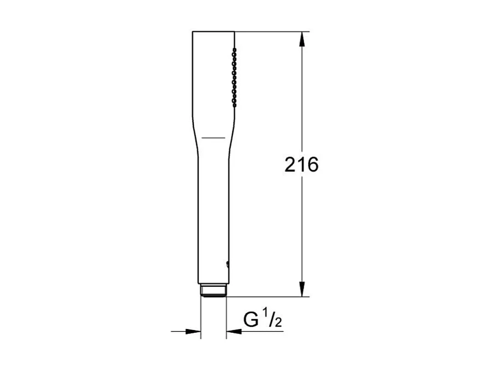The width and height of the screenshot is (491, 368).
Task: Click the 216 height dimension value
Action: (302, 164)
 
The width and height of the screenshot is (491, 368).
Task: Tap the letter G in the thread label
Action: (251, 320)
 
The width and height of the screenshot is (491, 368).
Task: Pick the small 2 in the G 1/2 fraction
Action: (278, 323)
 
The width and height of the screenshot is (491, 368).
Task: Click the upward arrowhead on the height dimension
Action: (302, 40)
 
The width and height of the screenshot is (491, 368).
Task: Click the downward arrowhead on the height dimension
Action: (302, 289)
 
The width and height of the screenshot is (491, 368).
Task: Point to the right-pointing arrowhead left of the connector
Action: (193, 331)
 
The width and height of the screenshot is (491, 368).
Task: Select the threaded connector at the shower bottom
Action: (213, 291)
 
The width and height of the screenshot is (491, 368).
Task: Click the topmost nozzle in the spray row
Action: (234, 49)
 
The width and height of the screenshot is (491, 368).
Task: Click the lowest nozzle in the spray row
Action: (234, 101)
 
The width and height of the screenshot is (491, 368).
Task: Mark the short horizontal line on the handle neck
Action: (213, 136)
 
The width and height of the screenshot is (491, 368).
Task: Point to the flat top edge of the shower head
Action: (213, 32)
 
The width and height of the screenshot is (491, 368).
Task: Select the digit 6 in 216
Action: (311, 164)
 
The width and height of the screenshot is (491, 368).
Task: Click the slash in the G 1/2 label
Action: (272, 320)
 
